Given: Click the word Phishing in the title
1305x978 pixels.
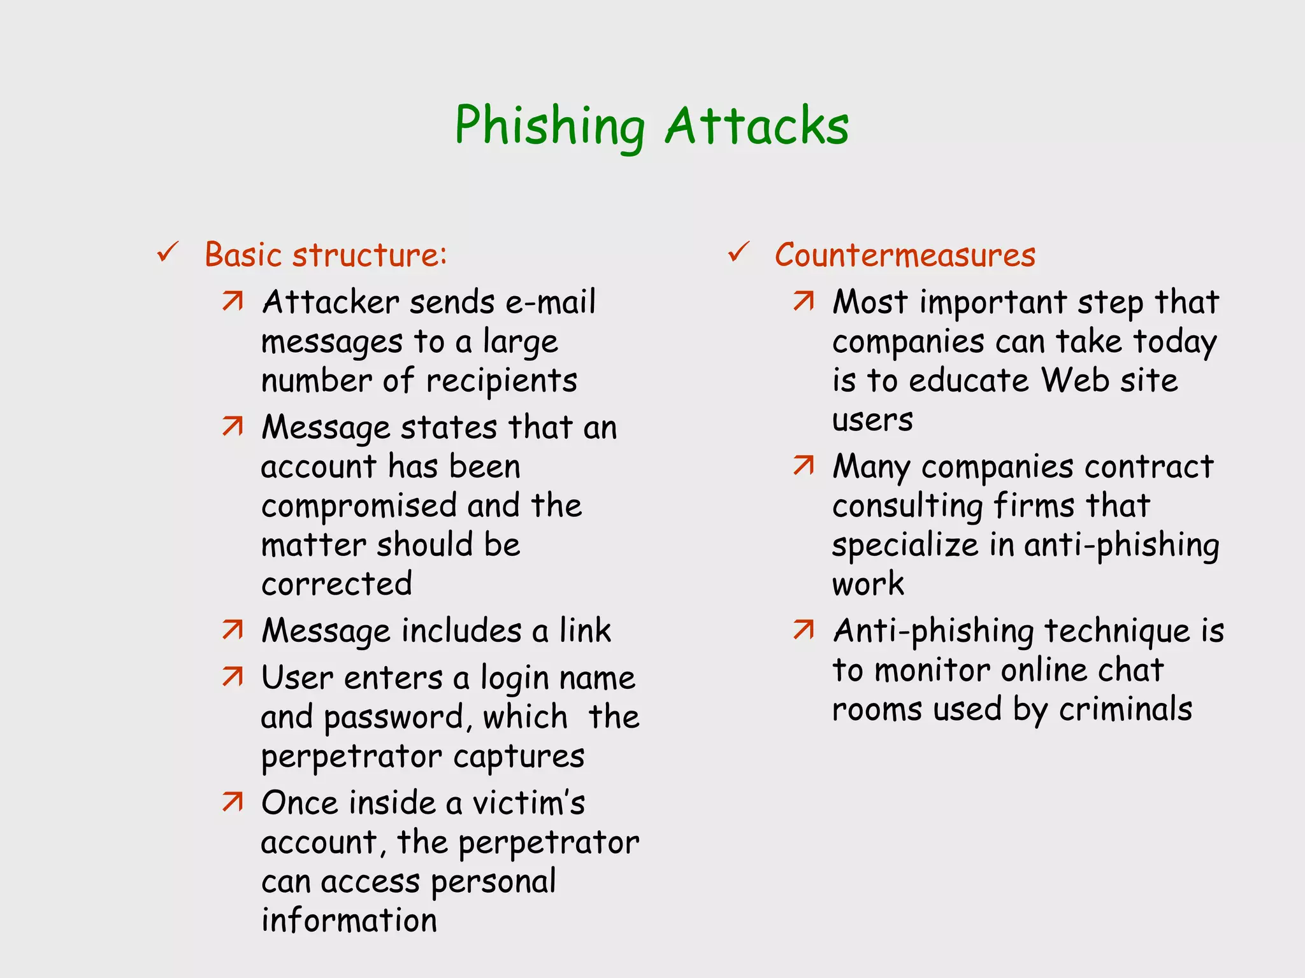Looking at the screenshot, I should [549, 126].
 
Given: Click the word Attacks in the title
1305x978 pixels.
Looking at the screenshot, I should [756, 126].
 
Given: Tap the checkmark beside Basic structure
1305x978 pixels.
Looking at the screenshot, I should [168, 253].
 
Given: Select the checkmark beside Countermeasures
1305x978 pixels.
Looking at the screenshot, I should [739, 253].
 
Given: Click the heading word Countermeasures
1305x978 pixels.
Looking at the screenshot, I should [905, 255].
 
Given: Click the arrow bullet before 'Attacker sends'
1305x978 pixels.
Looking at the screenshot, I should [233, 301].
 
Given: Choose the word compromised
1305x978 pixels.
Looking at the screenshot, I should [359, 506].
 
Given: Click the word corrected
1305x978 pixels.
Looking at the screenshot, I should [336, 584].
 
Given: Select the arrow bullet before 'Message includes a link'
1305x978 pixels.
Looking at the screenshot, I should [233, 630].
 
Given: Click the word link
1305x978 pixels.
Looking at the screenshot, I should [585, 630].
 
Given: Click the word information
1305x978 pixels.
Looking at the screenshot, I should [349, 921].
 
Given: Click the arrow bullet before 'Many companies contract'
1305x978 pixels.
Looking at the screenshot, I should [804, 466].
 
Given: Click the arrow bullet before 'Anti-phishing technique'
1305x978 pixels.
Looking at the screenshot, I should [804, 630].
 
